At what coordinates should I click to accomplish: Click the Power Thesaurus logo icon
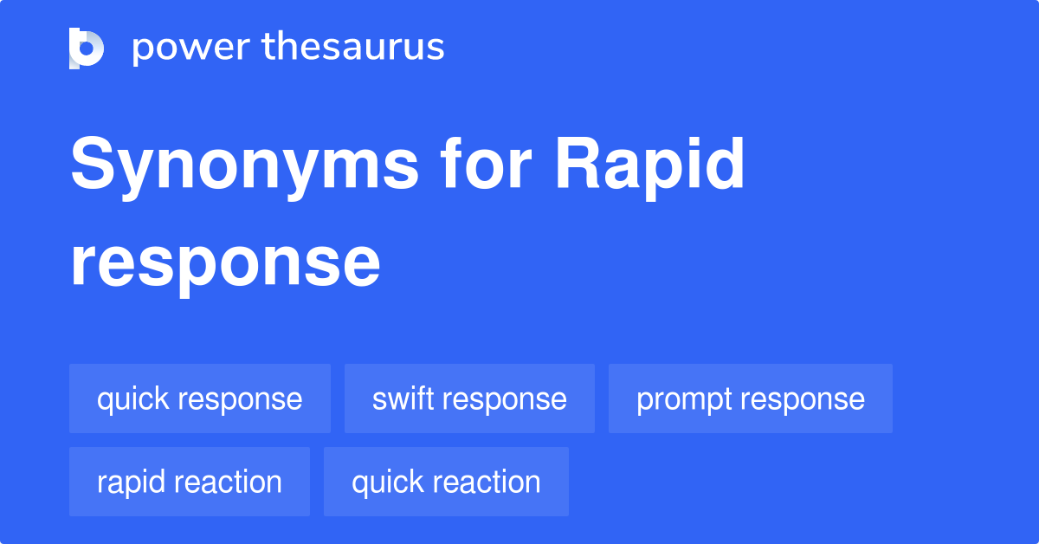tap(87, 48)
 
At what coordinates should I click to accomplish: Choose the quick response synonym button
tap(200, 399)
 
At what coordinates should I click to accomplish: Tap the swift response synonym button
tap(469, 399)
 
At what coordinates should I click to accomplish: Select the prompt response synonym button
tap(750, 399)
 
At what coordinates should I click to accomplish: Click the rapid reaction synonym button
tap(190, 482)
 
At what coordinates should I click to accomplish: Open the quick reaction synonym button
tap(446, 482)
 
